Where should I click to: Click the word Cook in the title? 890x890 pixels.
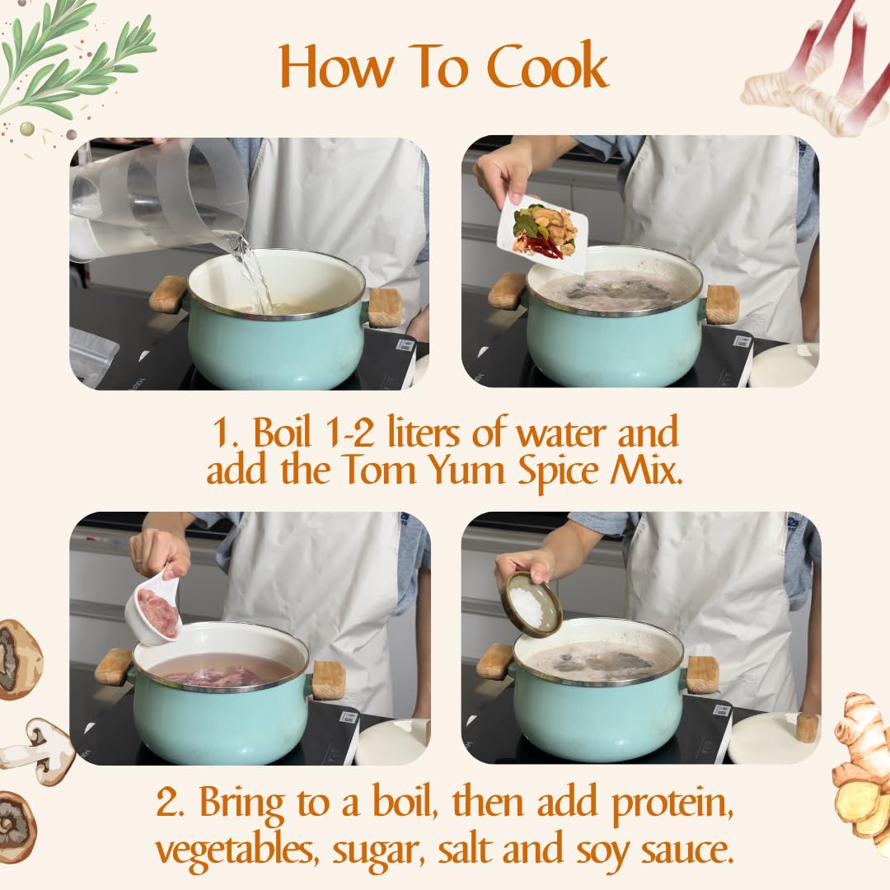(x=547, y=66)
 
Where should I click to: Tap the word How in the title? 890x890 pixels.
(x=336, y=66)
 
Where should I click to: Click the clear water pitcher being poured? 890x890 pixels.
(x=159, y=199)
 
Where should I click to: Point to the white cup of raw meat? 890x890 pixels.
(x=153, y=608)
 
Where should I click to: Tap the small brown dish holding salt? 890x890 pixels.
(x=532, y=604)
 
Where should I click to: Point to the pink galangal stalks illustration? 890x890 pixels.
(x=817, y=74)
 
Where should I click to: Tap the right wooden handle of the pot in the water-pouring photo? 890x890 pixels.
(x=384, y=307)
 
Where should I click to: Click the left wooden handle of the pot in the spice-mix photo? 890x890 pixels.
(x=507, y=290)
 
